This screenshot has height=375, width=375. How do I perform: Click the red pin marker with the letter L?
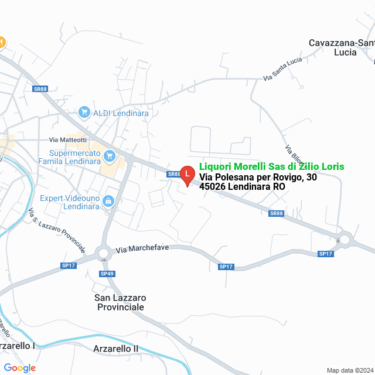point(187,175)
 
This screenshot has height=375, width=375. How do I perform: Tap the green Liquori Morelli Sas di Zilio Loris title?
point(272,167)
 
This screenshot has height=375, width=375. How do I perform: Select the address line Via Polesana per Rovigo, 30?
point(258,177)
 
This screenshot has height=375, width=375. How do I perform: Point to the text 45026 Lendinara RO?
point(242,187)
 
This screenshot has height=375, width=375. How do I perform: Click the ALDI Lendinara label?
point(121,112)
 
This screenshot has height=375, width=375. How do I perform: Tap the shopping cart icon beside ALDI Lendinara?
point(84,112)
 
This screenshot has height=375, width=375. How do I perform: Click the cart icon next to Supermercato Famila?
point(108,156)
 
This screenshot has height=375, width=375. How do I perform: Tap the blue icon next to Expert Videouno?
point(108,202)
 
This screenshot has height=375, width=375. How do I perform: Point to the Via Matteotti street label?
point(68,140)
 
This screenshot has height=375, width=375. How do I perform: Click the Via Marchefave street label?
point(142,248)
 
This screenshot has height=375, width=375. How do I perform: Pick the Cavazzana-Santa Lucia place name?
point(340,47)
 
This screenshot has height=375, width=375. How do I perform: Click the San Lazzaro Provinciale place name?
point(120,302)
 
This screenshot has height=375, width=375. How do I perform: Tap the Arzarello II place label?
point(116,349)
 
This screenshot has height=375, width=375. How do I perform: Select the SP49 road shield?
point(107,274)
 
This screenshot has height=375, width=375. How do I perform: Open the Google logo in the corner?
point(19,368)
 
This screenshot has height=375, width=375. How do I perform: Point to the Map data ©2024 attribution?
point(349,370)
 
